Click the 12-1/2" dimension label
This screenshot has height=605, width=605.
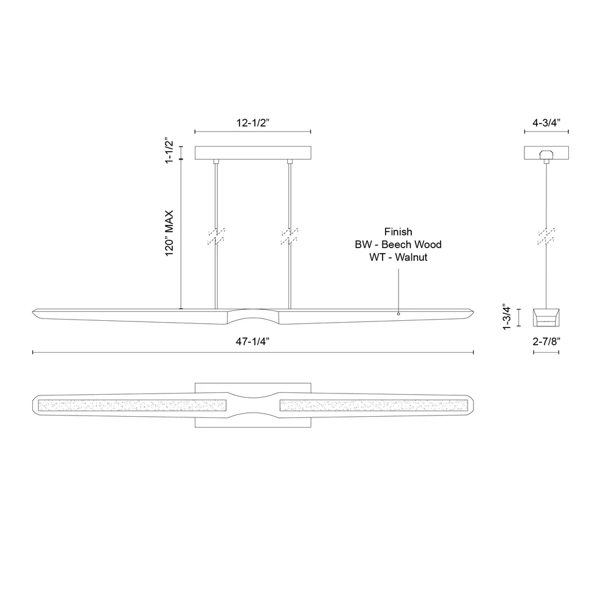pyautogui.click(x=253, y=123)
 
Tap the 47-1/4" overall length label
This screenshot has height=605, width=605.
pyautogui.click(x=253, y=342)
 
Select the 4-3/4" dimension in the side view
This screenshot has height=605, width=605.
pyautogui.click(x=546, y=123)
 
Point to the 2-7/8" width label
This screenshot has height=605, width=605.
pyautogui.click(x=546, y=342)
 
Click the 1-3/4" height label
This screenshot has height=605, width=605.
pyautogui.click(x=507, y=317)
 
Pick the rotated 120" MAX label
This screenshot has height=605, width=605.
pyautogui.click(x=169, y=233)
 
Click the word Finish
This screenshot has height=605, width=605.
pyautogui.click(x=398, y=232)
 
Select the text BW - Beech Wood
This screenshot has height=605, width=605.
pyautogui.click(x=398, y=244)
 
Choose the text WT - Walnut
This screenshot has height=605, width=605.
pyautogui.click(x=398, y=257)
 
